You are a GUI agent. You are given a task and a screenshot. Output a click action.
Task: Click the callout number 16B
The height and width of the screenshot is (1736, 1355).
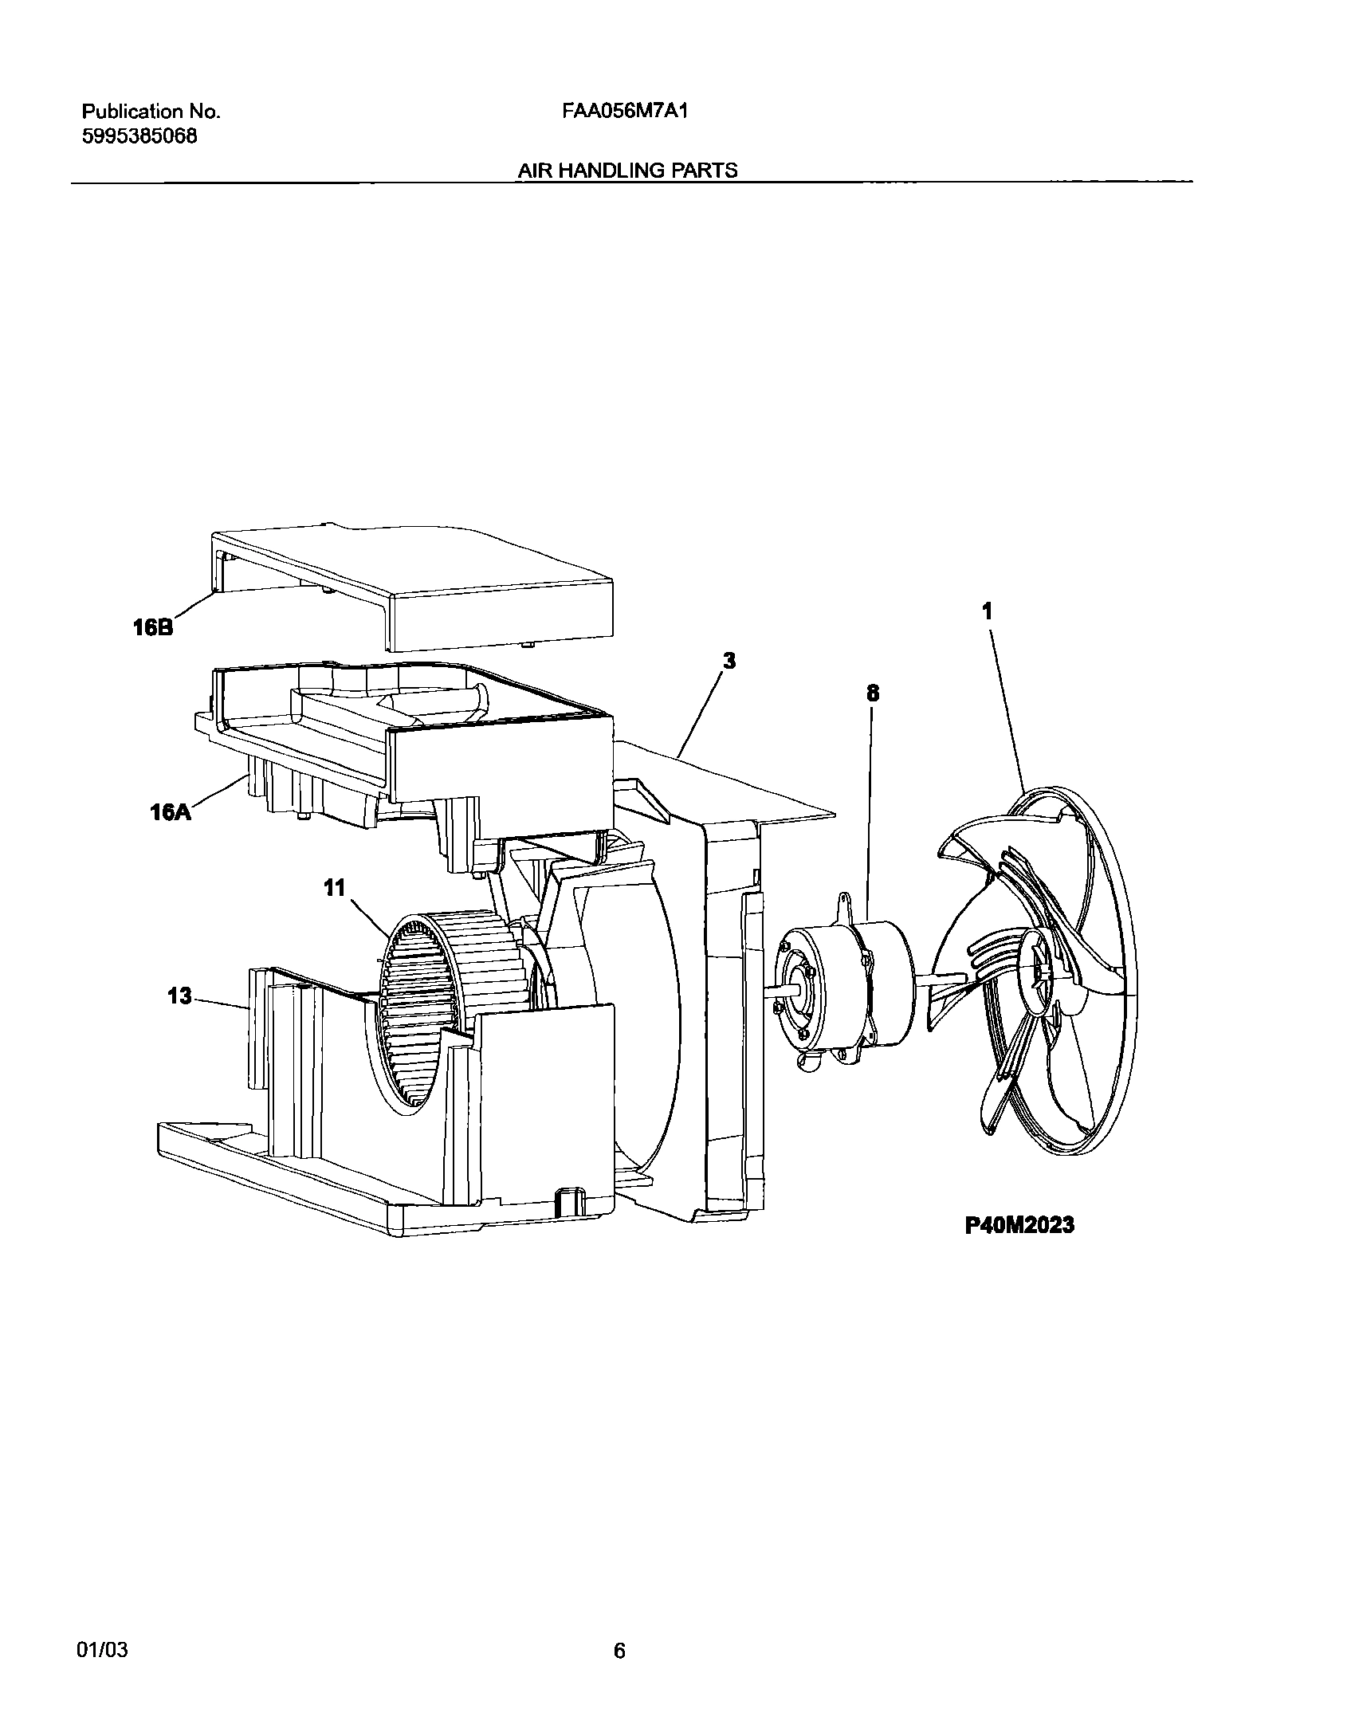[152, 628]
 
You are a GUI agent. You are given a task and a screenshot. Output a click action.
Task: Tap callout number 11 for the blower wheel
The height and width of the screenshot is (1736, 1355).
[335, 887]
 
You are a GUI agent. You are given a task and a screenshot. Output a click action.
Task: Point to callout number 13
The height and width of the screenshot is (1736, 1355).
[180, 996]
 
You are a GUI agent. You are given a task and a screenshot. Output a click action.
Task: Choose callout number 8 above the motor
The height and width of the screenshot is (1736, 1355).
[873, 693]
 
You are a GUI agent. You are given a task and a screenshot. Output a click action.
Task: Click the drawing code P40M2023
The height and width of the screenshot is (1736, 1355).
[1019, 1224]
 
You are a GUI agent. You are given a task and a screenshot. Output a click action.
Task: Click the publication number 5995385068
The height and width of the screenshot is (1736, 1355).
[140, 136]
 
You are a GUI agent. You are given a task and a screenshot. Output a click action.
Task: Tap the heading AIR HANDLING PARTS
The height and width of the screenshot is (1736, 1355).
[628, 170]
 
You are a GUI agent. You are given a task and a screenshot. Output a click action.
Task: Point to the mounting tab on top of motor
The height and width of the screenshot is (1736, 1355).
[844, 905]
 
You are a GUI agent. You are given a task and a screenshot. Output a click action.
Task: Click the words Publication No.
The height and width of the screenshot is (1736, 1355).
[151, 112]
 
